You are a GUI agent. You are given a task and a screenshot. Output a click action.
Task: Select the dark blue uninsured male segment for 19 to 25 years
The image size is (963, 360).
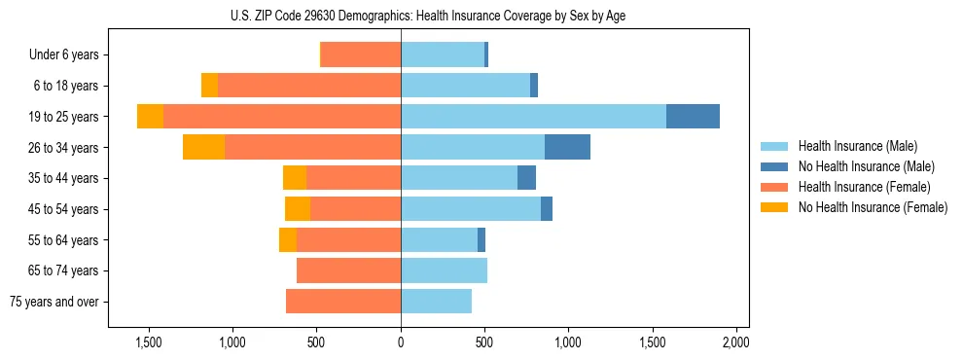(x=693, y=116)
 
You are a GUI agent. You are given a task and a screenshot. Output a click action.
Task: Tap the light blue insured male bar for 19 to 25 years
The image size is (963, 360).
(x=533, y=116)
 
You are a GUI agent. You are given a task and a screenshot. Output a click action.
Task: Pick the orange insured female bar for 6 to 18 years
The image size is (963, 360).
(x=309, y=86)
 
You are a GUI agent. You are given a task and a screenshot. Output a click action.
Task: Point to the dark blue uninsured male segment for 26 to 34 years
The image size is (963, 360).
(x=567, y=147)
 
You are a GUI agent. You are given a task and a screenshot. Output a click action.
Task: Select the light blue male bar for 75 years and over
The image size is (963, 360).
(x=436, y=302)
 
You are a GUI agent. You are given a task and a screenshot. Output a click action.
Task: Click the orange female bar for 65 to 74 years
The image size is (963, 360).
(x=348, y=270)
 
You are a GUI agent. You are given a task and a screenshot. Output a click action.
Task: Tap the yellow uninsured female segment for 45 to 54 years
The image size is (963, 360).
(x=298, y=208)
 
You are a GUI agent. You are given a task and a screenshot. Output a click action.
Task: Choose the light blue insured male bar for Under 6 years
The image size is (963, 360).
(x=443, y=54)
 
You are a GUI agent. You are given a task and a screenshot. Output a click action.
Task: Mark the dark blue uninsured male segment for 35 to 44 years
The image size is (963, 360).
(x=526, y=178)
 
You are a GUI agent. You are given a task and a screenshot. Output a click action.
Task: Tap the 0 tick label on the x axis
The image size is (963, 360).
(x=401, y=342)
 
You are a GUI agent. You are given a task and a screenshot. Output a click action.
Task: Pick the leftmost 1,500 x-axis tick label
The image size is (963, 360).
(x=149, y=342)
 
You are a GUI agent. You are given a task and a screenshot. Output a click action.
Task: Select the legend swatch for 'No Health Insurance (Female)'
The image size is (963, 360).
(x=774, y=207)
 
